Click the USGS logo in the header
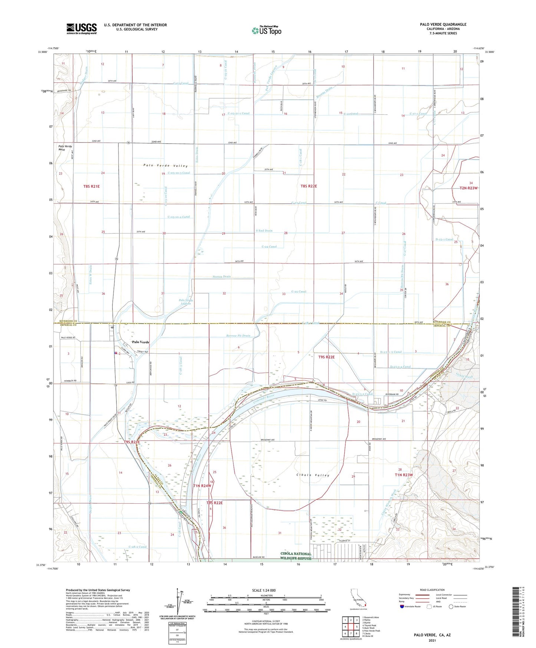pyautogui.click(x=81, y=29)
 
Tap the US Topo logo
pyautogui.click(x=266, y=30)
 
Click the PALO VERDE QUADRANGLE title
pyautogui.click(x=443, y=24)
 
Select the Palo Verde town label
pyautogui.click(x=141, y=342)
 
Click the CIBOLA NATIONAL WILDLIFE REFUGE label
pyautogui.click(x=296, y=556)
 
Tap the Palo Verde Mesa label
pyautogui.click(x=62, y=148)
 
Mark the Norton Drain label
pyautogui.click(x=221, y=276)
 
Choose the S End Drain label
pyautogui.click(x=264, y=230)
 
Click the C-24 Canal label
pyautogui.click(x=269, y=246)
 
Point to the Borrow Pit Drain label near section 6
pyautogui.click(x=238, y=336)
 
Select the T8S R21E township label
pyautogui.click(x=91, y=186)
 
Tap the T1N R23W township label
pyautogui.click(x=404, y=475)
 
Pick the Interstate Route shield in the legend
pyautogui.click(x=403, y=606)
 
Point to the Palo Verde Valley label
pyautogui.click(x=165, y=166)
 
